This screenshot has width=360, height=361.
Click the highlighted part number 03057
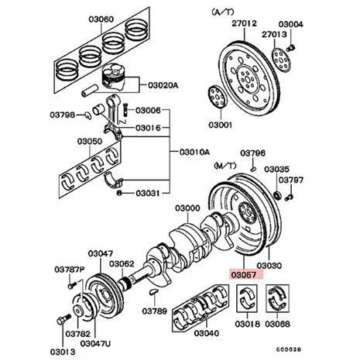point(244,274)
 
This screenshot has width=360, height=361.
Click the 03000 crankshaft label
point(187,208)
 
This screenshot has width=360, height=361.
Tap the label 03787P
point(69,270)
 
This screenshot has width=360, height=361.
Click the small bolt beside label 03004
point(292,46)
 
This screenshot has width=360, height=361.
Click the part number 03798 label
point(65,115)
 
